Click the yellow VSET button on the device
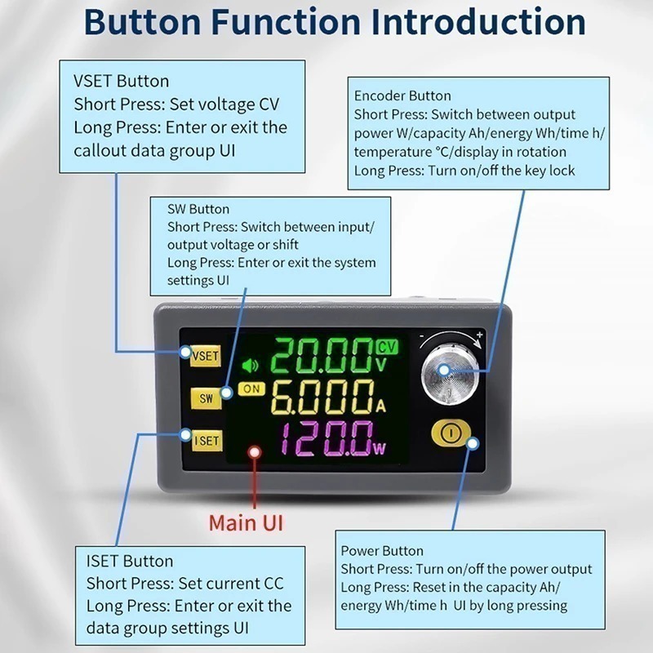[x=205, y=356]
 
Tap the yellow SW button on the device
[x=206, y=398]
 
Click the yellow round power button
[x=451, y=433]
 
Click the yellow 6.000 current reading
[x=323, y=397]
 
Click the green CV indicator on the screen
[x=387, y=346]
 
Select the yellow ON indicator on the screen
[x=251, y=389]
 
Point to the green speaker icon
[x=250, y=366]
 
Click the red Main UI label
[x=246, y=522]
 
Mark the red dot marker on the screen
[x=254, y=452]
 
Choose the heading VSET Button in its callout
[x=121, y=81]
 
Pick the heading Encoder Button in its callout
[x=402, y=96]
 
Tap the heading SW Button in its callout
[x=198, y=209]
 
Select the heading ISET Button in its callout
[x=130, y=561]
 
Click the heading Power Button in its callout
[x=382, y=550]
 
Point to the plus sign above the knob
[x=480, y=335]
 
